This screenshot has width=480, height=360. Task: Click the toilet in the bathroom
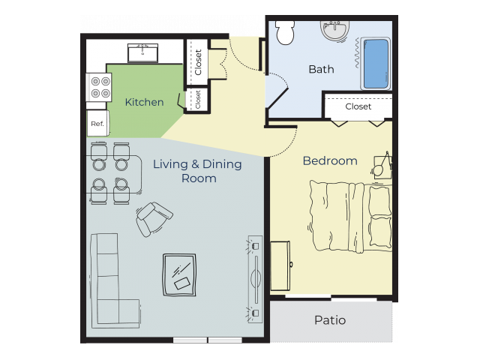click(285, 32)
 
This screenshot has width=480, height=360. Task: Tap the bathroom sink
click(334, 31)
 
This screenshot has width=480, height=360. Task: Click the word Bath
click(321, 70)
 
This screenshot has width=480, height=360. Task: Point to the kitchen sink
click(142, 52)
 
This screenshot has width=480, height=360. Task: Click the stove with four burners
click(98, 87)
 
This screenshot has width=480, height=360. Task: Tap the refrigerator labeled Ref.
click(97, 123)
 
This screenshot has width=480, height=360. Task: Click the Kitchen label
click(144, 102)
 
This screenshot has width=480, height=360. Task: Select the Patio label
click(330, 320)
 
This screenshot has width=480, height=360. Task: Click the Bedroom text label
click(330, 161)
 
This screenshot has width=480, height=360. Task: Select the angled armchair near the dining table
click(154, 218)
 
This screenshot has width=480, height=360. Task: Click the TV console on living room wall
click(255, 277)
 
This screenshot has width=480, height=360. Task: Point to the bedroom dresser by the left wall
click(280, 265)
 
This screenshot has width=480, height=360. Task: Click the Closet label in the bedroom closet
click(358, 106)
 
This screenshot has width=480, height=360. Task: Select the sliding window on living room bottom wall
click(208, 340)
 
